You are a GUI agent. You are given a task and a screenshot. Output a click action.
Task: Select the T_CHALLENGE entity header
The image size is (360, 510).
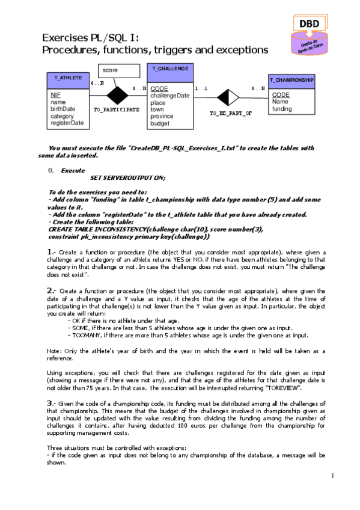170,69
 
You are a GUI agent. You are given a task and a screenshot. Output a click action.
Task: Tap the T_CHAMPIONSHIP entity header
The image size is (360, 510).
291,79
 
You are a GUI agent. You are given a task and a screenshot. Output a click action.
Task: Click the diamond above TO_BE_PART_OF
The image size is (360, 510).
228,96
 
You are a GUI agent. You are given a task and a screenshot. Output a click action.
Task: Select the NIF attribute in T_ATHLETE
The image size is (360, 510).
55,95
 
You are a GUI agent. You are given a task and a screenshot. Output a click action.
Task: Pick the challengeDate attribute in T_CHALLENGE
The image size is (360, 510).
169,96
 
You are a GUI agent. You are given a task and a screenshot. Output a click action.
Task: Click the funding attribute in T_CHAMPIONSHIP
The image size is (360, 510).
282,109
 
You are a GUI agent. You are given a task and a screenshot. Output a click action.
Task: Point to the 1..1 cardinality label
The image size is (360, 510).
201,88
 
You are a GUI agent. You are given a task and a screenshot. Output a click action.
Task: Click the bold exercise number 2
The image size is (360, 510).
51,290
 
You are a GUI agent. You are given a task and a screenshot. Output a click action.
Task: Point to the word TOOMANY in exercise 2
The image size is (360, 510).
82,335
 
